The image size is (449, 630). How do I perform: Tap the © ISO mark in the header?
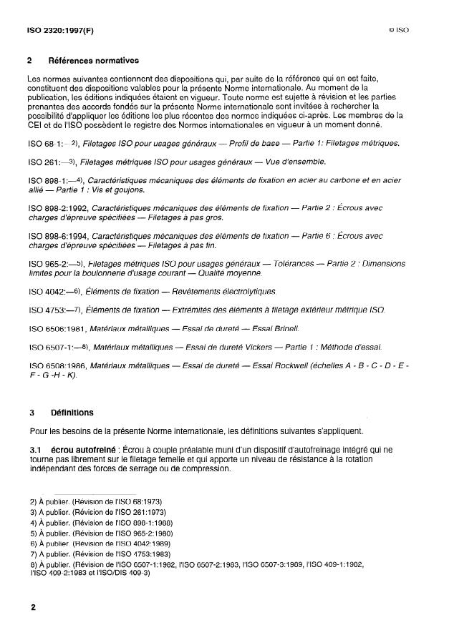click(x=397, y=32)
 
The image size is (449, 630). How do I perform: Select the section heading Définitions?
click(x=72, y=413)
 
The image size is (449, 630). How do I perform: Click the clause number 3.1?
click(x=35, y=449)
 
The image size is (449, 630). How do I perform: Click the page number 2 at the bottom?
click(x=32, y=607)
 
